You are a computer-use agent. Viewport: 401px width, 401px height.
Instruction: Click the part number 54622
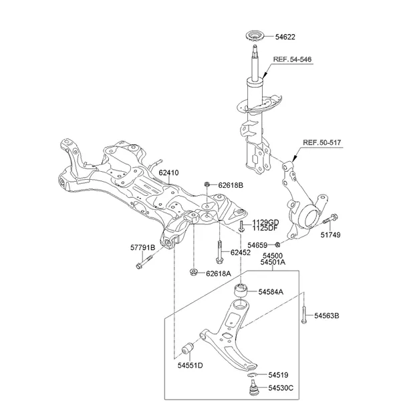click(285, 37)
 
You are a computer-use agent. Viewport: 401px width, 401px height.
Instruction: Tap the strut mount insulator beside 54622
click(255, 37)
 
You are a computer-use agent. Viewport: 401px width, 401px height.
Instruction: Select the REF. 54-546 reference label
click(292, 59)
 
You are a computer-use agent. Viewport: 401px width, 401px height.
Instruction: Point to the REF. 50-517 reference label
click(322, 142)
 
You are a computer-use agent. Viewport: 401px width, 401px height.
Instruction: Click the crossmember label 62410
click(169, 172)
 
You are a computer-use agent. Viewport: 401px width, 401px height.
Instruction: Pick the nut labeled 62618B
click(207, 184)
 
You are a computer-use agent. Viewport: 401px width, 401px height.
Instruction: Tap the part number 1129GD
click(266, 223)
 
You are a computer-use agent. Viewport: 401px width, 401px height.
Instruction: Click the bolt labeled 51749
click(330, 219)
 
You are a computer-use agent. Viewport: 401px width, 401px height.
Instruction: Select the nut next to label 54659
click(277, 245)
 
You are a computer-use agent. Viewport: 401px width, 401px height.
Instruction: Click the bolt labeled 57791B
click(144, 262)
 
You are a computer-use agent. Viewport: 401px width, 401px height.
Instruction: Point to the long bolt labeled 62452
click(219, 252)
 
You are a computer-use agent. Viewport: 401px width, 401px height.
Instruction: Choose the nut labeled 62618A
click(194, 273)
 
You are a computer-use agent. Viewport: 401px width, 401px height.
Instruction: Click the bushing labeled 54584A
click(241, 290)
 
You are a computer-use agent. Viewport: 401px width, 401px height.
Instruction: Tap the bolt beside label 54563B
click(304, 315)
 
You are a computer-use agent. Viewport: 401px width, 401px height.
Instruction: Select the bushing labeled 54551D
click(188, 348)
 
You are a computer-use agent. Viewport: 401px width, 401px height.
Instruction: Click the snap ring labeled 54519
click(252, 375)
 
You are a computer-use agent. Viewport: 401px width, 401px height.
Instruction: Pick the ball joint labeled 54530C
click(253, 388)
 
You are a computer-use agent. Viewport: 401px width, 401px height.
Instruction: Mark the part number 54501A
click(273, 262)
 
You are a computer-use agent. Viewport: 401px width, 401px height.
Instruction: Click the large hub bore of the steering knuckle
click(311, 218)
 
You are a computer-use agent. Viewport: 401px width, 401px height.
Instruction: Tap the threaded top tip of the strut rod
click(255, 46)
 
